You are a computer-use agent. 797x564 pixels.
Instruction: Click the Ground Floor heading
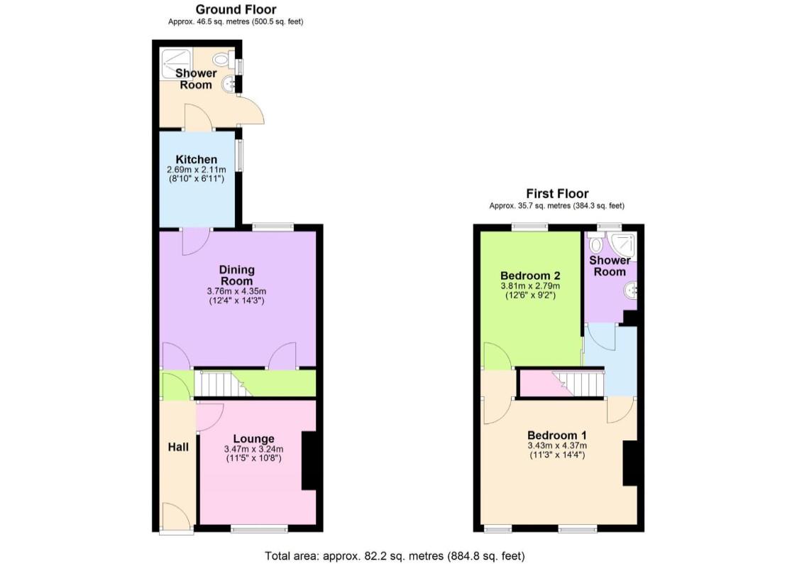click(x=236, y=9)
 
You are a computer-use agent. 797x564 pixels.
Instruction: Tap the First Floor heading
click(x=556, y=193)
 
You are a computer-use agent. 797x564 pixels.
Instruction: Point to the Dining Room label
click(x=236, y=275)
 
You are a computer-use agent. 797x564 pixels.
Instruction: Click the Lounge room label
click(x=253, y=438)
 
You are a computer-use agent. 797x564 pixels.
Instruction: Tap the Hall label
click(x=178, y=447)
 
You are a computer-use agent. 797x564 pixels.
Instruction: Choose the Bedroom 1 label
click(x=556, y=435)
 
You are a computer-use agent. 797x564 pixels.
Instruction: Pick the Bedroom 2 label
click(x=530, y=276)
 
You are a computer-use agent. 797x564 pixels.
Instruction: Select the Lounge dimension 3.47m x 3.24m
click(x=253, y=449)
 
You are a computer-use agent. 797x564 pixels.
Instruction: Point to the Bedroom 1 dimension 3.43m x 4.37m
click(x=556, y=445)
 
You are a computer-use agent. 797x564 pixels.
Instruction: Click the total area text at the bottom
click(x=395, y=555)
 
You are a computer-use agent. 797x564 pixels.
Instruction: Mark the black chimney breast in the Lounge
click(x=309, y=460)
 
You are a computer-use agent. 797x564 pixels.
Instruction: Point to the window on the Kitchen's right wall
click(x=240, y=156)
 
